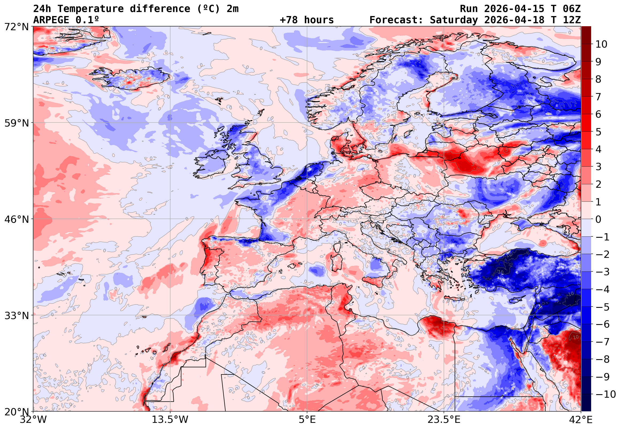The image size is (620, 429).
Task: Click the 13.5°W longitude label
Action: [170, 420]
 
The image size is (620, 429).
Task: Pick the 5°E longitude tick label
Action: [307, 420]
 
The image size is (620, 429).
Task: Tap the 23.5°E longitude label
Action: [444, 420]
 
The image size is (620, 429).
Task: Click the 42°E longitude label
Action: [581, 420]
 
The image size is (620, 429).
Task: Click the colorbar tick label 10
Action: [601, 44]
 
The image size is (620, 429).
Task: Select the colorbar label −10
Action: [606, 394]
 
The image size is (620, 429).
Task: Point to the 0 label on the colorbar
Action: [598, 219]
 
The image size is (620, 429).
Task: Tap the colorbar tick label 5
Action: [598, 132]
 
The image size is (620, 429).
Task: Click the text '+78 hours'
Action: [307, 20]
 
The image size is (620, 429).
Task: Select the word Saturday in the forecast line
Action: [454, 20]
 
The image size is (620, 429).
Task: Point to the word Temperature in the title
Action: [91, 9]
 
